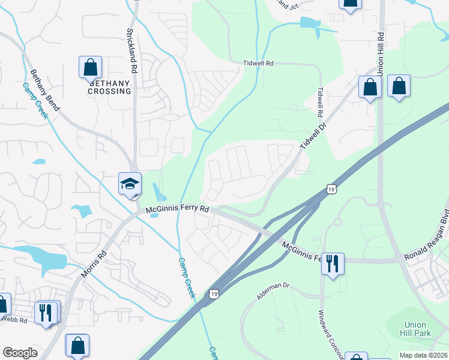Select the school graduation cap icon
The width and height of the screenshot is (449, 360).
[x=130, y=184]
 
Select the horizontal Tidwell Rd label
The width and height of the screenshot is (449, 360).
[x=258, y=63]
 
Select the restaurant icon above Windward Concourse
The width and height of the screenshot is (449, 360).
[x=332, y=263]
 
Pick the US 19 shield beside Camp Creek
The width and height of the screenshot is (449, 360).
[x=214, y=294]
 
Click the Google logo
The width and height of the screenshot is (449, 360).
[x=20, y=353]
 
